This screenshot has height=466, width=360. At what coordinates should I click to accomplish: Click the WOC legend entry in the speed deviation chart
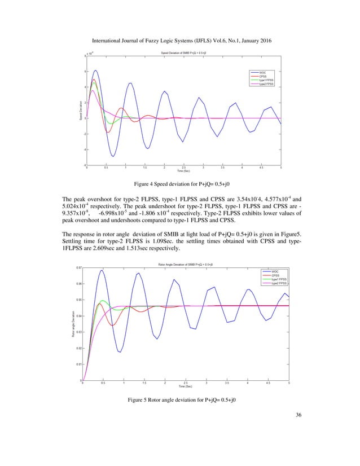pos(263,73)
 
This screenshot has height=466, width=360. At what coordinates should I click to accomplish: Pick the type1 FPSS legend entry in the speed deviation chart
pos(266,80)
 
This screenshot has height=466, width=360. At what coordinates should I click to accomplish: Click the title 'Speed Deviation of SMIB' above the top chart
pos(183,53)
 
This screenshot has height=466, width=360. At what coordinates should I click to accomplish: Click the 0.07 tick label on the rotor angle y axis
pos(78,268)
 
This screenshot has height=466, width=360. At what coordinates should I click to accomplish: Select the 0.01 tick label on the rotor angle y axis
pos(78,364)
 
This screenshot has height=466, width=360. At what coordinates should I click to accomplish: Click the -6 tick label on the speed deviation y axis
pos(83,165)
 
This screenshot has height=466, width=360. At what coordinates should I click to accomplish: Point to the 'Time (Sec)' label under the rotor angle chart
pos(186,386)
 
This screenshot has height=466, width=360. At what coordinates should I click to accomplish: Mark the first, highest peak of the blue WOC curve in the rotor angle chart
pos(102,270)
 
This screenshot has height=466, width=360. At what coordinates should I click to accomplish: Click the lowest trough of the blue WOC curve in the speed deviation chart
pos(113,156)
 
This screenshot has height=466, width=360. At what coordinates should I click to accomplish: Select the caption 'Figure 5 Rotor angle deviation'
pos(180,401)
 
